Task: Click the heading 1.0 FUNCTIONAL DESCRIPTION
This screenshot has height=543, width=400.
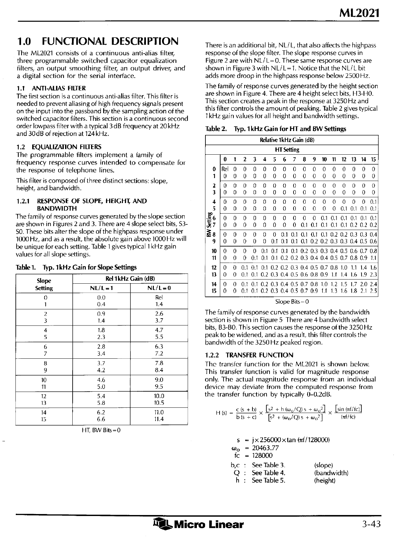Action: click(98, 41)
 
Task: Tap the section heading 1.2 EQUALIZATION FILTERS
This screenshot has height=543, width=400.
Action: click(59, 147)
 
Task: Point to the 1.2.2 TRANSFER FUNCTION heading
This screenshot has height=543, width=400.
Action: click(249, 355)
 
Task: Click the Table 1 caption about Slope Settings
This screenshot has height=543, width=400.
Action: click(76, 267)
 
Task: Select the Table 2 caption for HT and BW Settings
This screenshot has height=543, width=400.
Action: click(275, 129)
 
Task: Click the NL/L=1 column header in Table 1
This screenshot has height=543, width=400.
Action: click(101, 288)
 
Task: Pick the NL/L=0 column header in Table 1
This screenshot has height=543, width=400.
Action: click(159, 288)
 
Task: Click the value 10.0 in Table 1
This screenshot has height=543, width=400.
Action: click(159, 396)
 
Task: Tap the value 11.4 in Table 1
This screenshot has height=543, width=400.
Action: click(159, 419)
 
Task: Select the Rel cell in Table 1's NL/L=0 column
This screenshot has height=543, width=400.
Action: click(159, 297)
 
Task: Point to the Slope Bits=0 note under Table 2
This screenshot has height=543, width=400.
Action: click(292, 301)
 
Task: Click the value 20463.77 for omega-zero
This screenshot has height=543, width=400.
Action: click(266, 448)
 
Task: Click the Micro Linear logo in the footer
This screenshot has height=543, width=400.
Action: click(199, 524)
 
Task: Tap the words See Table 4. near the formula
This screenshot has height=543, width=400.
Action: click(269, 473)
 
